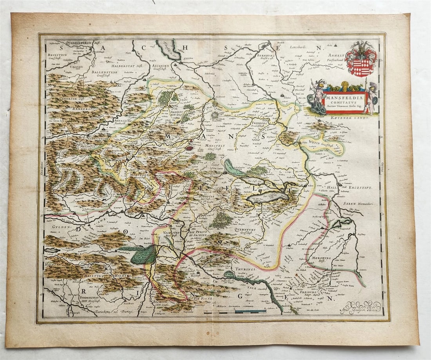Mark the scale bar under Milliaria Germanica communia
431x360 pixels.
(235, 312)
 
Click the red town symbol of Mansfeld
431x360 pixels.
(190, 148)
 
